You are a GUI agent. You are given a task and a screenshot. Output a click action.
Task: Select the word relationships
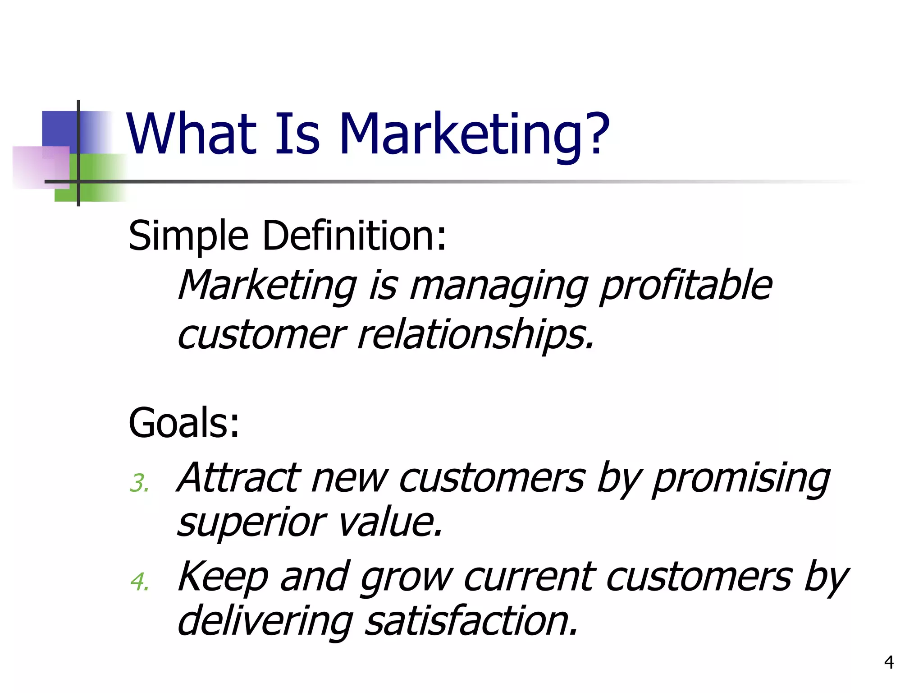pyautogui.click(x=476, y=335)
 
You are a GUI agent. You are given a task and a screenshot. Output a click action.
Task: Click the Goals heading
pyautogui.click(x=184, y=423)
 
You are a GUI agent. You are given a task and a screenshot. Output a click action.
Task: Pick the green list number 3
pyautogui.click(x=138, y=483)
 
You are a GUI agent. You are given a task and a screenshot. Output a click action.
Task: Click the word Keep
pyautogui.click(x=223, y=577)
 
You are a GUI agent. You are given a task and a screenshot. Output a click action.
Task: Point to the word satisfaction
pyautogui.click(x=471, y=621)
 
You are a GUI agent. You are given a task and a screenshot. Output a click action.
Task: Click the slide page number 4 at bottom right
pyautogui.click(x=889, y=662)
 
